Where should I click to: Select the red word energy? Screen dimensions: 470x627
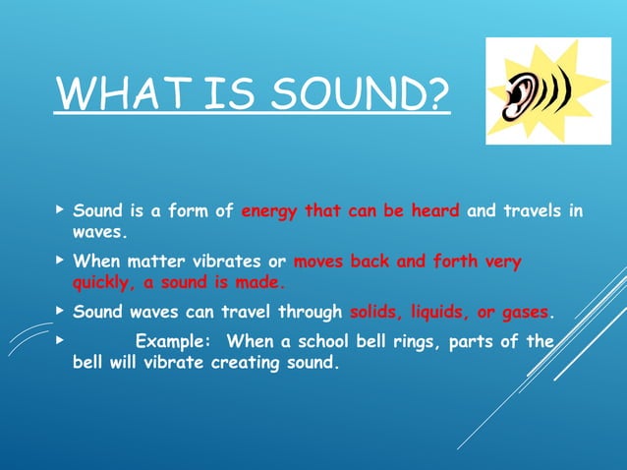[269, 210]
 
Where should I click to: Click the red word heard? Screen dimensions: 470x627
[432, 210]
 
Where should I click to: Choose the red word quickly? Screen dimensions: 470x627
[102, 281]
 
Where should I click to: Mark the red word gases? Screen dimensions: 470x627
[523, 314]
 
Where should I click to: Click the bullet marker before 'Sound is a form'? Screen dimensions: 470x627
[60, 209]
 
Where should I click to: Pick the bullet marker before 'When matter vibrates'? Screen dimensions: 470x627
[60, 262]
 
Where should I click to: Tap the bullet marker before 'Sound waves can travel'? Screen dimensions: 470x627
[60, 313]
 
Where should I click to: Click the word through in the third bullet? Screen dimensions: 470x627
[310, 314]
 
